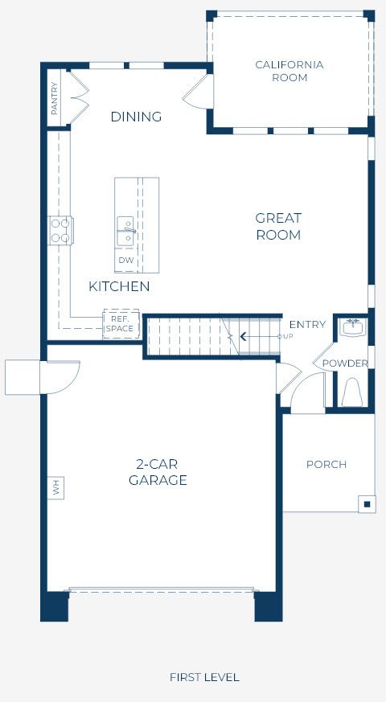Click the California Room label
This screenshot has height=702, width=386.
[289, 72]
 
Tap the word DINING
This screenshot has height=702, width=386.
[136, 117]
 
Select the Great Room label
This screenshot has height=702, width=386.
[278, 227]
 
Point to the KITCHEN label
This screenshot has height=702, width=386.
[119, 286]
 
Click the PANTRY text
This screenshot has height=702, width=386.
[54, 98]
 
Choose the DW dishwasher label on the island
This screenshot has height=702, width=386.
[126, 260]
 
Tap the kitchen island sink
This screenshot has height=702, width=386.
[125, 232]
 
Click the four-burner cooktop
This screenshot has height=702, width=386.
[61, 231]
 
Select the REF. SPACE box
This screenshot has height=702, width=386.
[121, 324]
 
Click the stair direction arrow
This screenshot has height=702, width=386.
[261, 336]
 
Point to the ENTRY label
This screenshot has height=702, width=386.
[307, 325]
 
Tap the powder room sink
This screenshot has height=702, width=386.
[353, 328]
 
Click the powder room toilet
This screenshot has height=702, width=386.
[352, 392]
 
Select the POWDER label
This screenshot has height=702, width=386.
[345, 363]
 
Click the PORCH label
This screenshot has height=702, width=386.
[326, 464]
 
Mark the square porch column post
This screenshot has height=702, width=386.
[368, 504]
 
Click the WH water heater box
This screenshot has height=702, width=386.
[56, 487]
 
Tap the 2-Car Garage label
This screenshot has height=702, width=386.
[158, 472]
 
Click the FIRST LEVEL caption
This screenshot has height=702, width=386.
[204, 677]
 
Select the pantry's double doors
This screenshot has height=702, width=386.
[79, 96]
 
